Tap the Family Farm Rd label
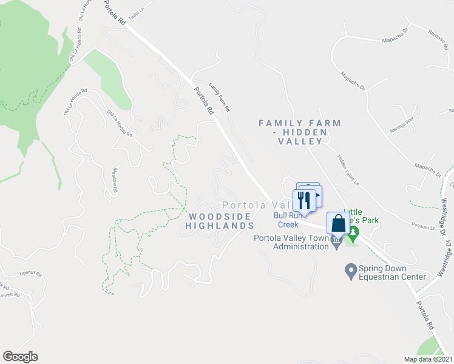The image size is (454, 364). pos(219,98)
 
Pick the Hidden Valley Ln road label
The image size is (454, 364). pos(348,169)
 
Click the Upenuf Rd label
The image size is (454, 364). pos(30,274)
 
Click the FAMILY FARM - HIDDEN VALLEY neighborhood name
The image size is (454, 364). pos(300,132)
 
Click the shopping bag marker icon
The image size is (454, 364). pos(338,223)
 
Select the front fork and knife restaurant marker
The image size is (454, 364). pos(303,200)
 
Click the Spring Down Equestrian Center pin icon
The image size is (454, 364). pos(350,269)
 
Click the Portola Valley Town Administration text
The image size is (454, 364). pos(291,242)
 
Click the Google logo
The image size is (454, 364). pos(20,357)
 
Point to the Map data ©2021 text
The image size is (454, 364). pos(428,359)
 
